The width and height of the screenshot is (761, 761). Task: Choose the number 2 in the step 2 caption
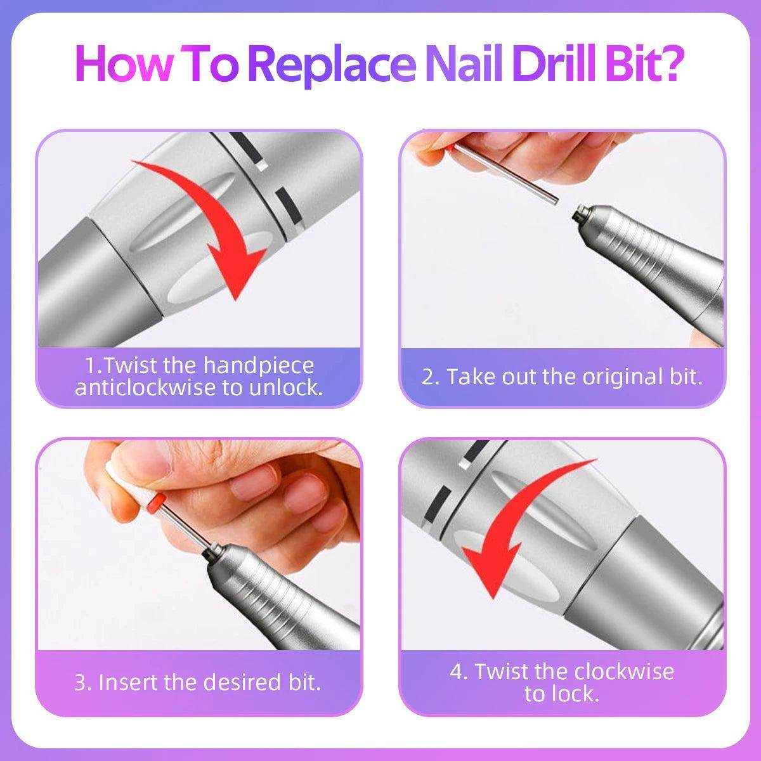tap(429, 377)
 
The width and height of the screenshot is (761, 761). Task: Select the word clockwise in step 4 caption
tap(624, 671)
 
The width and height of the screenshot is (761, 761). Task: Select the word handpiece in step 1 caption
tap(258, 365)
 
